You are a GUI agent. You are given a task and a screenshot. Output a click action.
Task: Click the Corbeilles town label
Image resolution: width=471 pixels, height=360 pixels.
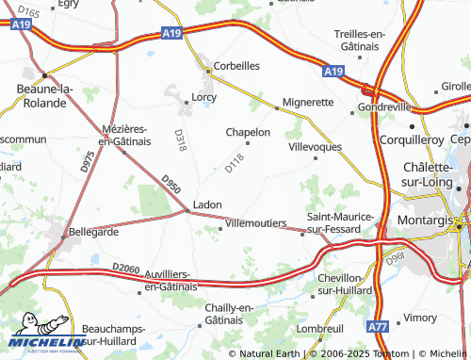(236, 67)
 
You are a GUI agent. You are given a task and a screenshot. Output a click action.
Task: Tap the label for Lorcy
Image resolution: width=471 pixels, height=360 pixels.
(204, 97)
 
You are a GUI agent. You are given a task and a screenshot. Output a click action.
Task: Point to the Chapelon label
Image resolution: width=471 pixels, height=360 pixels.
(249, 133)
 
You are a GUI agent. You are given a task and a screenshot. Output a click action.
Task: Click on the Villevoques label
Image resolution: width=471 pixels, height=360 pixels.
(315, 147)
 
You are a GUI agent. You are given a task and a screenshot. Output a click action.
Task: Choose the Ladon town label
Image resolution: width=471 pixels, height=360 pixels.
(207, 204)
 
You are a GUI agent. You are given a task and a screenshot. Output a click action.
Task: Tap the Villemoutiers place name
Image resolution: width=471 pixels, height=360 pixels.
(256, 222)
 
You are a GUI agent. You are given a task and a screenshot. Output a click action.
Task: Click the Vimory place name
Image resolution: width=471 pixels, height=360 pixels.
(420, 319)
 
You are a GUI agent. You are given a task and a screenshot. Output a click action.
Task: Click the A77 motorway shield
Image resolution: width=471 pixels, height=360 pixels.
(378, 326)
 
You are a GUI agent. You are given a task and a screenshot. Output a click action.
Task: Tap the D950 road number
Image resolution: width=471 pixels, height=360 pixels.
(170, 184)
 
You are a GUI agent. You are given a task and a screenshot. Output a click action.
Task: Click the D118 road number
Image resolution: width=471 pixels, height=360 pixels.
(235, 164)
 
